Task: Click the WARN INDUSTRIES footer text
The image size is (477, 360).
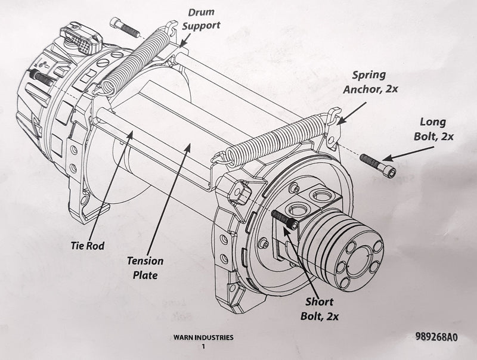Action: (203, 338)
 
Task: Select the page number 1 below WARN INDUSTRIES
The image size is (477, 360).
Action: (203, 346)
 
